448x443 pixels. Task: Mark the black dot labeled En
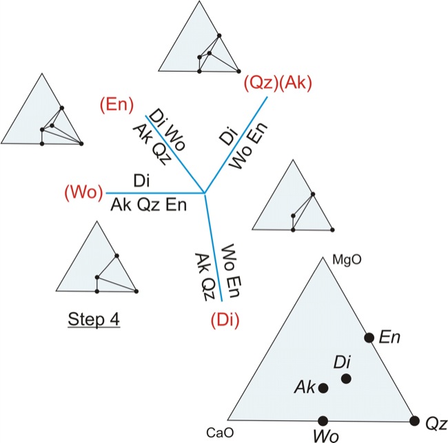pyautogui.click(x=369, y=338)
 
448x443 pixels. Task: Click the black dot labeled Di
pyautogui.click(x=346, y=378)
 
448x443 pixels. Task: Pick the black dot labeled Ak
pyautogui.click(x=323, y=388)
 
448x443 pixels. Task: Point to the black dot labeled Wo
pyautogui.click(x=323, y=420)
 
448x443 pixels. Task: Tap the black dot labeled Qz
pyautogui.click(x=415, y=420)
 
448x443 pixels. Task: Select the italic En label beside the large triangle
pyautogui.click(x=389, y=337)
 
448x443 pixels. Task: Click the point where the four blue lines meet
pyautogui.click(x=205, y=193)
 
